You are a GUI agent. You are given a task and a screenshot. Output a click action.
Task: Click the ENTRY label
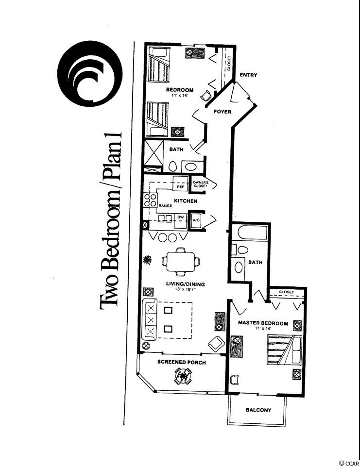pos(248,75)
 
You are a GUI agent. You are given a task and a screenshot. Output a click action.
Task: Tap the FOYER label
pos(222,112)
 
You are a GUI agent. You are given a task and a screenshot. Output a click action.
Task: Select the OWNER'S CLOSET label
pos(201,184)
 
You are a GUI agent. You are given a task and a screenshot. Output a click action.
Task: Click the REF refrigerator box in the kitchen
pos(180,183)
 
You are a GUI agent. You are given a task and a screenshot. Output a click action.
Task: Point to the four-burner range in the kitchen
pos(150,200)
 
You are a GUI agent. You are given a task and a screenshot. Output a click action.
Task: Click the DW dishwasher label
pos(181,217)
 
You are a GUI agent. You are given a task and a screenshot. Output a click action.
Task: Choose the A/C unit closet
pos(196,220)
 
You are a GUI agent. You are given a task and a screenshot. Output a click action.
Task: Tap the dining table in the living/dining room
pos(181,262)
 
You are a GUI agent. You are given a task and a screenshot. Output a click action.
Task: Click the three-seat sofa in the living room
pos(150,320)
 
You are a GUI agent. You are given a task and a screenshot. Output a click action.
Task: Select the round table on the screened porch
pos(182,376)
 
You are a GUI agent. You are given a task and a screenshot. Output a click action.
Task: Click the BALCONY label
pos(258,410)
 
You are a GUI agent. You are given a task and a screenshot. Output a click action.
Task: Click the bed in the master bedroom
pos(284,349)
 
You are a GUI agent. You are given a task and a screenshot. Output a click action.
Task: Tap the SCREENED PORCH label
pos(182,362)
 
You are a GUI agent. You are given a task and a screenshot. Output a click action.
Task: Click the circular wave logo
pos(90,73)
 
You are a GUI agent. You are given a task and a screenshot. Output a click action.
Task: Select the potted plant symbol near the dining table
pos(147,260)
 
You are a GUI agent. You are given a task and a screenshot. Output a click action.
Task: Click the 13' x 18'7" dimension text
pos(181,289)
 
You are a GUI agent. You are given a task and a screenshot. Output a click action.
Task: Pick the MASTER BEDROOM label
pos(263,323)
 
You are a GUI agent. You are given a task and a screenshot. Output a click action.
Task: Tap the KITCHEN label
pos(186,201)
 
